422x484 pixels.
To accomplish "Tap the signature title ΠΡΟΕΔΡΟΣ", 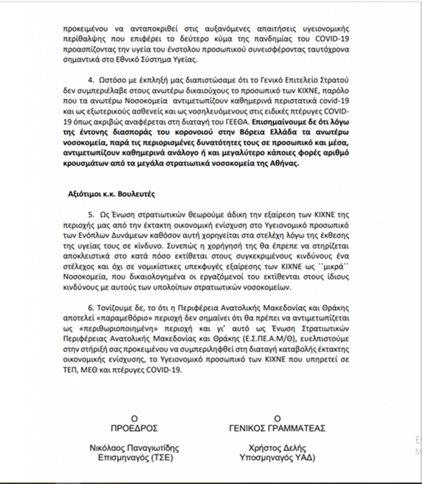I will (x=134, y=428).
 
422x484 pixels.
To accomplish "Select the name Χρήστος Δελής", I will (x=277, y=448).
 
